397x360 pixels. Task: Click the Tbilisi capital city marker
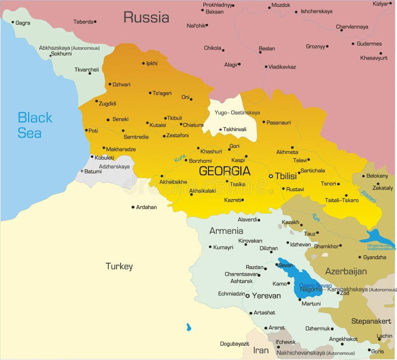click(x=270, y=176)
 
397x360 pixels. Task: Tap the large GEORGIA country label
click(x=224, y=171)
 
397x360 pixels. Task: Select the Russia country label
click(x=146, y=17)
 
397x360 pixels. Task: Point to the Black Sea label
click(x=35, y=125)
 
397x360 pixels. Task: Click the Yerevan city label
click(x=266, y=295)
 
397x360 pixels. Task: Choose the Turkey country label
click(x=119, y=267)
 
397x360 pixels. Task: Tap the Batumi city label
click(x=93, y=171)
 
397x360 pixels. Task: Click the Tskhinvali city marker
click(x=220, y=130)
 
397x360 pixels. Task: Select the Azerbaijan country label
click(x=346, y=271)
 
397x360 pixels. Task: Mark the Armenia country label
click(x=226, y=231)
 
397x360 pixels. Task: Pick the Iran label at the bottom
click(x=261, y=350)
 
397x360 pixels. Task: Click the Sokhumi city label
click(x=62, y=54)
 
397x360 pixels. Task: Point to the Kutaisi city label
click(x=158, y=125)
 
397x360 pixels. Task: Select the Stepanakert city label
click(x=371, y=321)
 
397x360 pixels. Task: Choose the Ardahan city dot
click(x=132, y=207)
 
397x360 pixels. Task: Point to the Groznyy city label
click(x=315, y=47)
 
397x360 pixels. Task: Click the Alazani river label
click(x=368, y=197)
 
